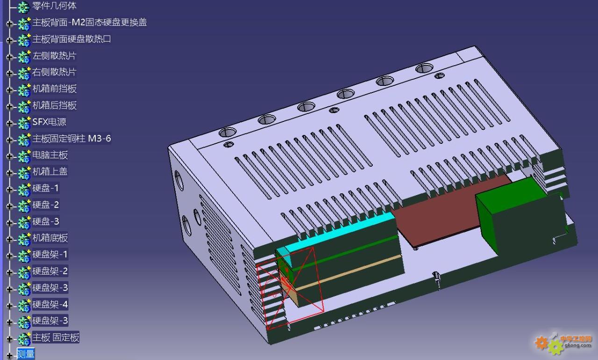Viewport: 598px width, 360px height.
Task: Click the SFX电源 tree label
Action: click(49, 122)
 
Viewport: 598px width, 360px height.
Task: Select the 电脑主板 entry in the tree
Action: click(50, 155)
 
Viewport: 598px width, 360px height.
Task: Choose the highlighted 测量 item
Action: click(26, 354)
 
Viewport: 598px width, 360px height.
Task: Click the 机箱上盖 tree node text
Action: click(50, 171)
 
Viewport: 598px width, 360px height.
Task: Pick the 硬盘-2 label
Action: click(45, 205)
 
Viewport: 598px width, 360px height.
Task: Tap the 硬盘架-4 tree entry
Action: click(50, 304)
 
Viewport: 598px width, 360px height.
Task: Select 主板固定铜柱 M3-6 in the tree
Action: click(71, 139)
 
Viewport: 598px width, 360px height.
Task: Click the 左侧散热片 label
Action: click(55, 56)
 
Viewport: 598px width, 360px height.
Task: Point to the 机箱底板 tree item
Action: click(50, 238)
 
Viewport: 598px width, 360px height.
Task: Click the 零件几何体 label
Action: click(55, 6)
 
